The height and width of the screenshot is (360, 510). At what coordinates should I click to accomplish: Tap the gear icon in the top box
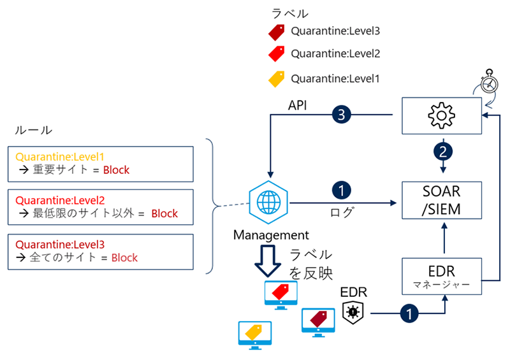click(440, 116)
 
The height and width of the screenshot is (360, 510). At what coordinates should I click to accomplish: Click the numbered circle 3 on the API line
click(340, 115)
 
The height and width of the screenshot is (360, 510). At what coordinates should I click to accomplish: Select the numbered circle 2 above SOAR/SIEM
click(440, 152)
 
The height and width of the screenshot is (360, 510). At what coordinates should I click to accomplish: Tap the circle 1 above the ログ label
click(340, 190)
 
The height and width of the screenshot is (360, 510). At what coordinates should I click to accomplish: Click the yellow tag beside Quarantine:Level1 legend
click(276, 79)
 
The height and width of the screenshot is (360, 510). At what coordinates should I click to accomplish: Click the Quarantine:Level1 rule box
click(103, 164)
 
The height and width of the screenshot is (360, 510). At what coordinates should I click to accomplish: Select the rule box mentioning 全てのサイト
click(103, 252)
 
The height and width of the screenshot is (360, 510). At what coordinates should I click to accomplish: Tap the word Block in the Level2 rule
click(164, 213)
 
